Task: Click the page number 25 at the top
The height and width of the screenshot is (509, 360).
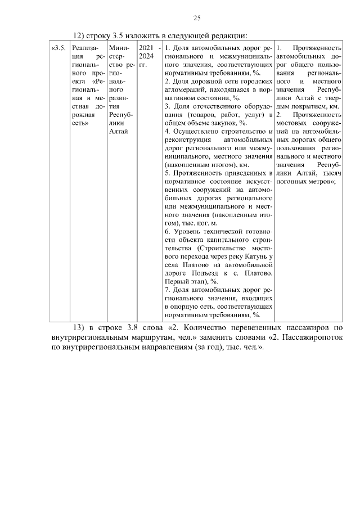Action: pyautogui.click(x=197, y=18)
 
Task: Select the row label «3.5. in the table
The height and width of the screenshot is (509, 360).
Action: pyautogui.click(x=58, y=48)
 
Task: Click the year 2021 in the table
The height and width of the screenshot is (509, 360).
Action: pyautogui.click(x=146, y=48)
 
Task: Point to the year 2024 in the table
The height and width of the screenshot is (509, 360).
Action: pyautogui.click(x=146, y=56)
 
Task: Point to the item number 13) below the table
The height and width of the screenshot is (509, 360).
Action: pyautogui.click(x=80, y=327)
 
